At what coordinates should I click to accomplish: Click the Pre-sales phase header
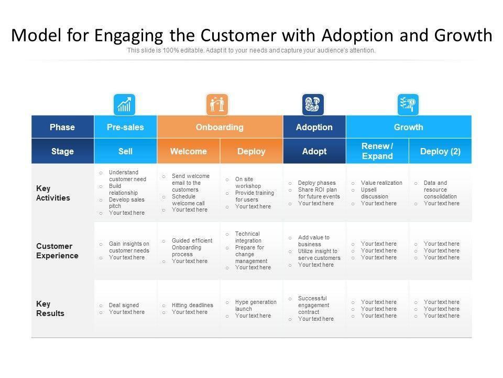[125, 127]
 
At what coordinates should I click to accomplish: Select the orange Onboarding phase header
[220, 127]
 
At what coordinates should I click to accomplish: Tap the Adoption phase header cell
[314, 127]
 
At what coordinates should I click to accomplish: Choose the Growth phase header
[409, 127]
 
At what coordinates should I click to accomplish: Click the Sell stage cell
[125, 151]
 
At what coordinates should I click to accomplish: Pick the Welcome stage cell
[188, 151]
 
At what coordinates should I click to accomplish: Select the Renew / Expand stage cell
[377, 151]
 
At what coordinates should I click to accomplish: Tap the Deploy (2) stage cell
[441, 151]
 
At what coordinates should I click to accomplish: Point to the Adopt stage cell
[314, 151]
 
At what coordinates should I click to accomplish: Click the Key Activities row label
[53, 193]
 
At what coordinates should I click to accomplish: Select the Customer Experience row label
[57, 251]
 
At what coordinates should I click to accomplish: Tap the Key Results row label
[50, 309]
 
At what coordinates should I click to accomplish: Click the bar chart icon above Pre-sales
[124, 104]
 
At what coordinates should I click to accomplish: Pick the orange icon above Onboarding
[217, 104]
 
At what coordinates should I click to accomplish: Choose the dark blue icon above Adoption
[313, 104]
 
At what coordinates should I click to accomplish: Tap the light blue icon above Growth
[408, 104]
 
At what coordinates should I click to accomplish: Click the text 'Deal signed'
[124, 305]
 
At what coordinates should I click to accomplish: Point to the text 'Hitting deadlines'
[192, 305]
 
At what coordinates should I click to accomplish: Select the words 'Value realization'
[381, 183]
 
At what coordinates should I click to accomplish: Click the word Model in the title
[36, 35]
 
